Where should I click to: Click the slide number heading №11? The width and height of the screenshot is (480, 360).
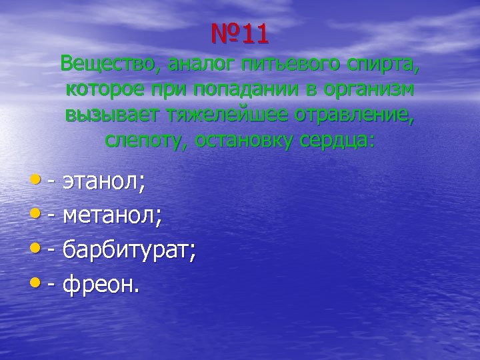[x=239, y=35]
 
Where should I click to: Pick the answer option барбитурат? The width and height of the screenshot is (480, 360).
[x=128, y=251]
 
